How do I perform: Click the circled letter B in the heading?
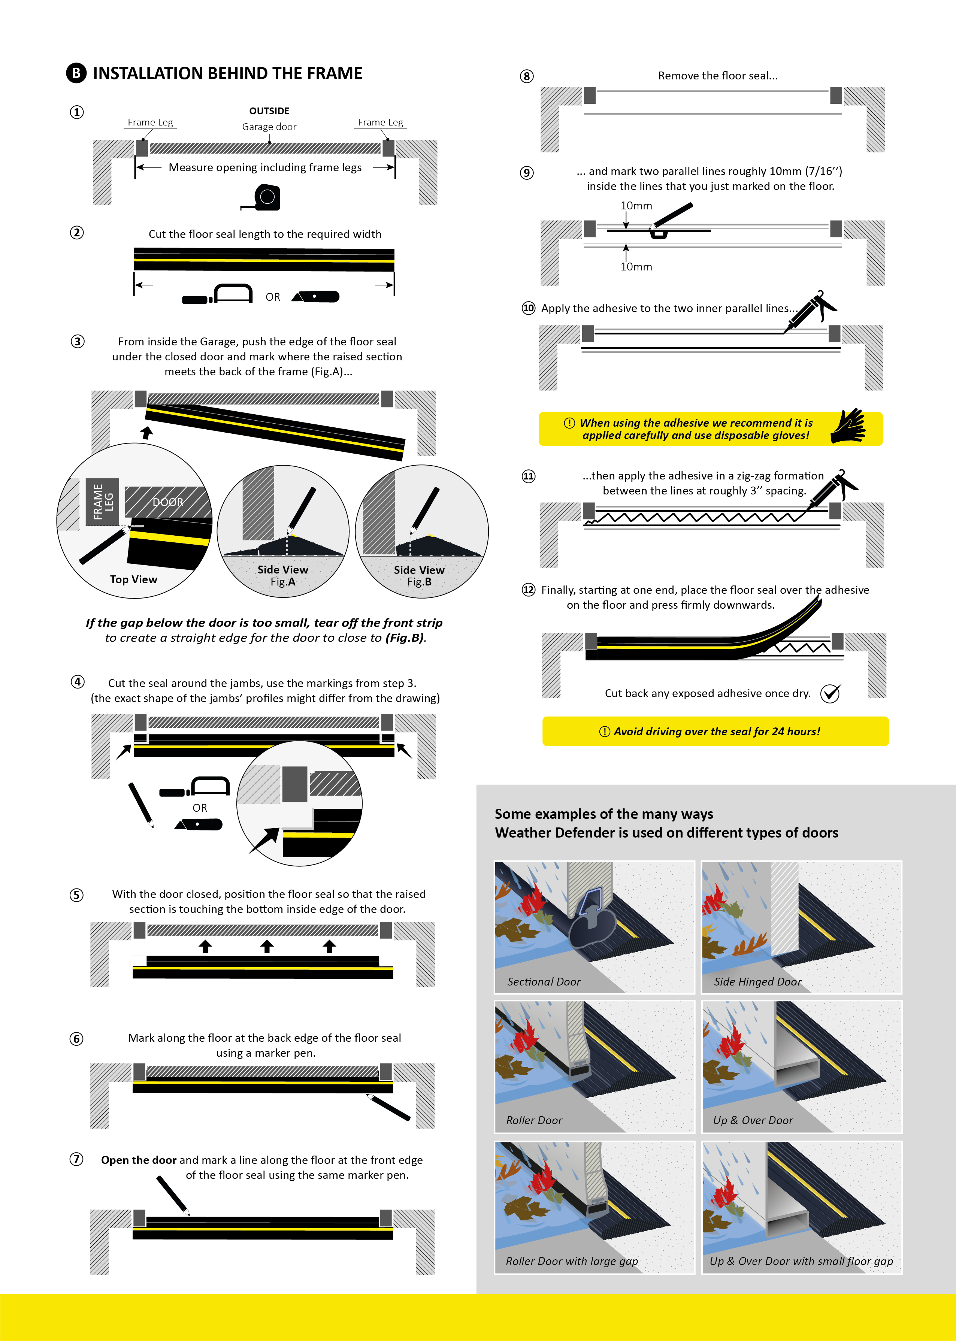click(x=76, y=73)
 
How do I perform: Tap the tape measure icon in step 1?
click(x=264, y=198)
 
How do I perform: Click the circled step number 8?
click(x=527, y=76)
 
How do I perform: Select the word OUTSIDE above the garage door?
click(x=269, y=111)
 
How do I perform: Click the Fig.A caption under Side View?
click(x=282, y=582)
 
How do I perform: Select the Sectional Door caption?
click(x=544, y=981)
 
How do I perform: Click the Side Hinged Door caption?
click(x=757, y=981)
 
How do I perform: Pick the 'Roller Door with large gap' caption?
click(x=572, y=1261)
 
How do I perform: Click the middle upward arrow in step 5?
click(x=267, y=946)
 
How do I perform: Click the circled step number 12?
click(x=529, y=590)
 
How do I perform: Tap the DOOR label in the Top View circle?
click(x=168, y=502)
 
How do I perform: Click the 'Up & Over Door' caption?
click(x=753, y=1120)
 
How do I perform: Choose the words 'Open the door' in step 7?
click(x=139, y=1160)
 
